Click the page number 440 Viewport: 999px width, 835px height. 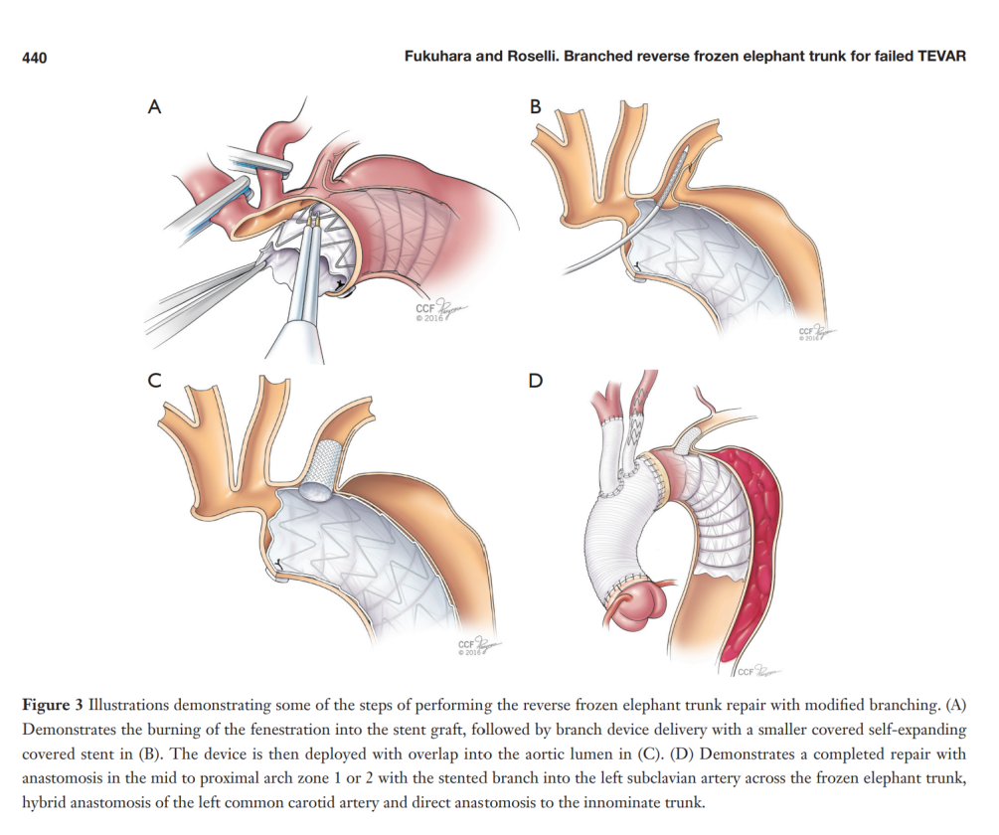pyautogui.click(x=34, y=58)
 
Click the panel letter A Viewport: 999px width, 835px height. pyautogui.click(x=154, y=108)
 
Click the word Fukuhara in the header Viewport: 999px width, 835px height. pyautogui.click(x=442, y=57)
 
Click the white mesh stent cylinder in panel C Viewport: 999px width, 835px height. pyautogui.click(x=325, y=459)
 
